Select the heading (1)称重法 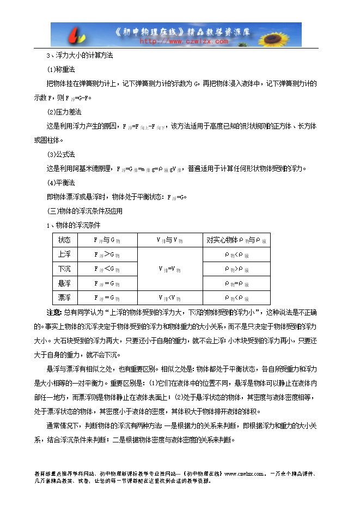pos(61,70)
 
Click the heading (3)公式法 pos(61,154)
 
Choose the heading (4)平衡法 pos(61,183)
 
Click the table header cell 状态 pos(64,240)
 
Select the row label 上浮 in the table pos(64,254)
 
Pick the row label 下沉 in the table pos(64,269)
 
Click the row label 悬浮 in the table pos(64,283)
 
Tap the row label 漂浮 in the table pos(64,297)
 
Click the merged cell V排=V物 pos(169,269)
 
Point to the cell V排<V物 pos(169,297)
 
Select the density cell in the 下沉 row pos(237,269)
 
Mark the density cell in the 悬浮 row pos(237,283)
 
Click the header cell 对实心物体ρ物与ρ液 pos(237,240)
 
